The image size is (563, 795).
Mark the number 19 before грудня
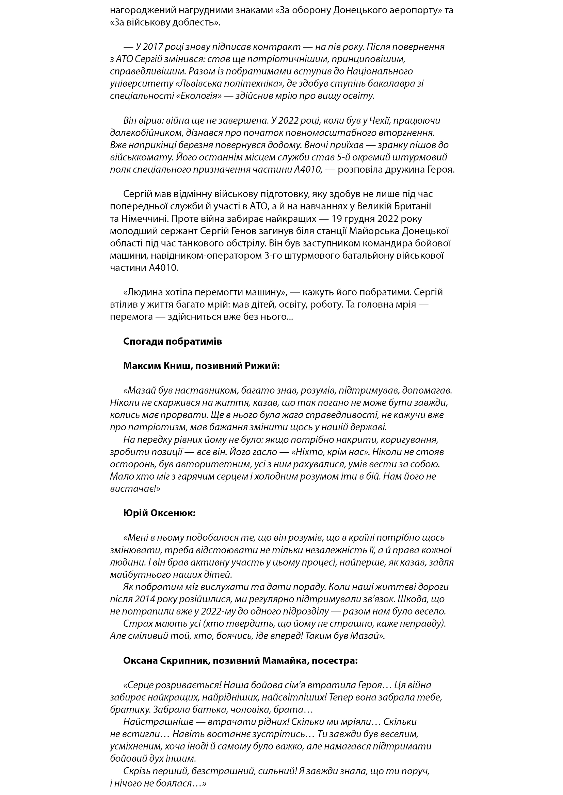337,219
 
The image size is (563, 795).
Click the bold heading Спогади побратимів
172,341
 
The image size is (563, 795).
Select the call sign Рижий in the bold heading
264,366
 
